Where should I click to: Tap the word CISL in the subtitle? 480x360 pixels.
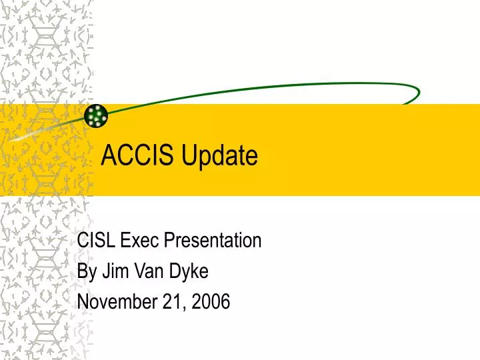(94, 240)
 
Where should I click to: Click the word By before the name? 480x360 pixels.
(87, 271)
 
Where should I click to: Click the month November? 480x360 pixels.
(117, 302)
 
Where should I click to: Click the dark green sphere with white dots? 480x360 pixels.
(97, 116)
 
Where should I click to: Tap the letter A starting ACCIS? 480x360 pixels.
(107, 156)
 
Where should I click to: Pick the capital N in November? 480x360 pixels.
(83, 302)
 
